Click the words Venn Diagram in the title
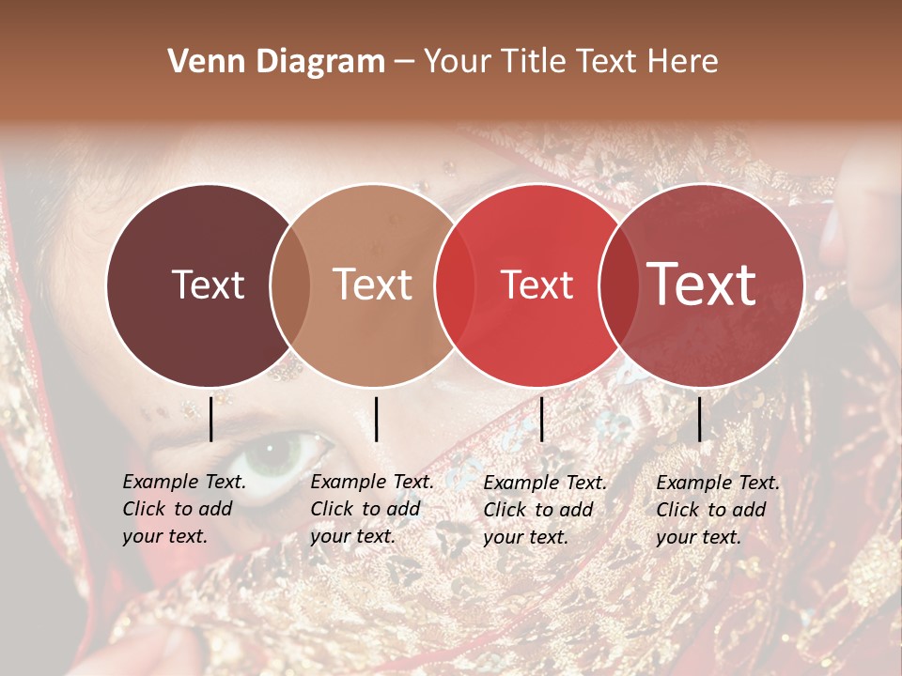tap(276, 62)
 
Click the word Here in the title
tap(683, 62)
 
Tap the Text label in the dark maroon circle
tap(208, 285)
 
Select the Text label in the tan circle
tap(373, 285)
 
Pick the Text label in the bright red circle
tap(537, 285)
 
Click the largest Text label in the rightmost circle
tap(702, 284)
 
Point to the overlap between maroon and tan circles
tap(290, 285)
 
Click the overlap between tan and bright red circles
tap(455, 285)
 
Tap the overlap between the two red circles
tap(618, 285)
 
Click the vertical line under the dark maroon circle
tap(210, 419)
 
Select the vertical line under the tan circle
tap(376, 419)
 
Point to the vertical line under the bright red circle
tap(541, 419)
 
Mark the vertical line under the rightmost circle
tap(699, 419)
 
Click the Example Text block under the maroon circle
tap(183, 509)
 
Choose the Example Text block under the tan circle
tap(371, 509)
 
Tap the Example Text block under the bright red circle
tap(544, 510)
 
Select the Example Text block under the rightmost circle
tap(717, 510)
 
